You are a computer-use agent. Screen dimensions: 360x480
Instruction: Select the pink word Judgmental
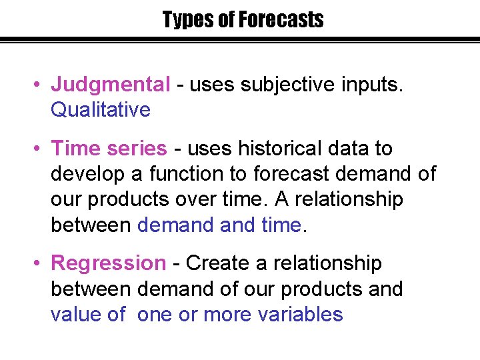click(111, 85)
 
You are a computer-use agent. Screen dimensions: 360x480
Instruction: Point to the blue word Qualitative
click(101, 110)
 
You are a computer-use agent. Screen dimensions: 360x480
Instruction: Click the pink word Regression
click(109, 263)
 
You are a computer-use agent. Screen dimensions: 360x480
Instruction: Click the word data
click(349, 148)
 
